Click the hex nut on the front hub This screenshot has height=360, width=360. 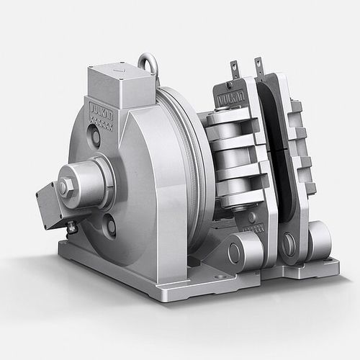point(66,187)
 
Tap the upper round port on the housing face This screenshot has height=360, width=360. point(95,136)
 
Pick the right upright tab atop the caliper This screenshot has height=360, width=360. point(258,66)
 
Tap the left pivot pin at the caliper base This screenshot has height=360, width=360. point(235,253)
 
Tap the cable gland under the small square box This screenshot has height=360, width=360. point(71,228)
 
